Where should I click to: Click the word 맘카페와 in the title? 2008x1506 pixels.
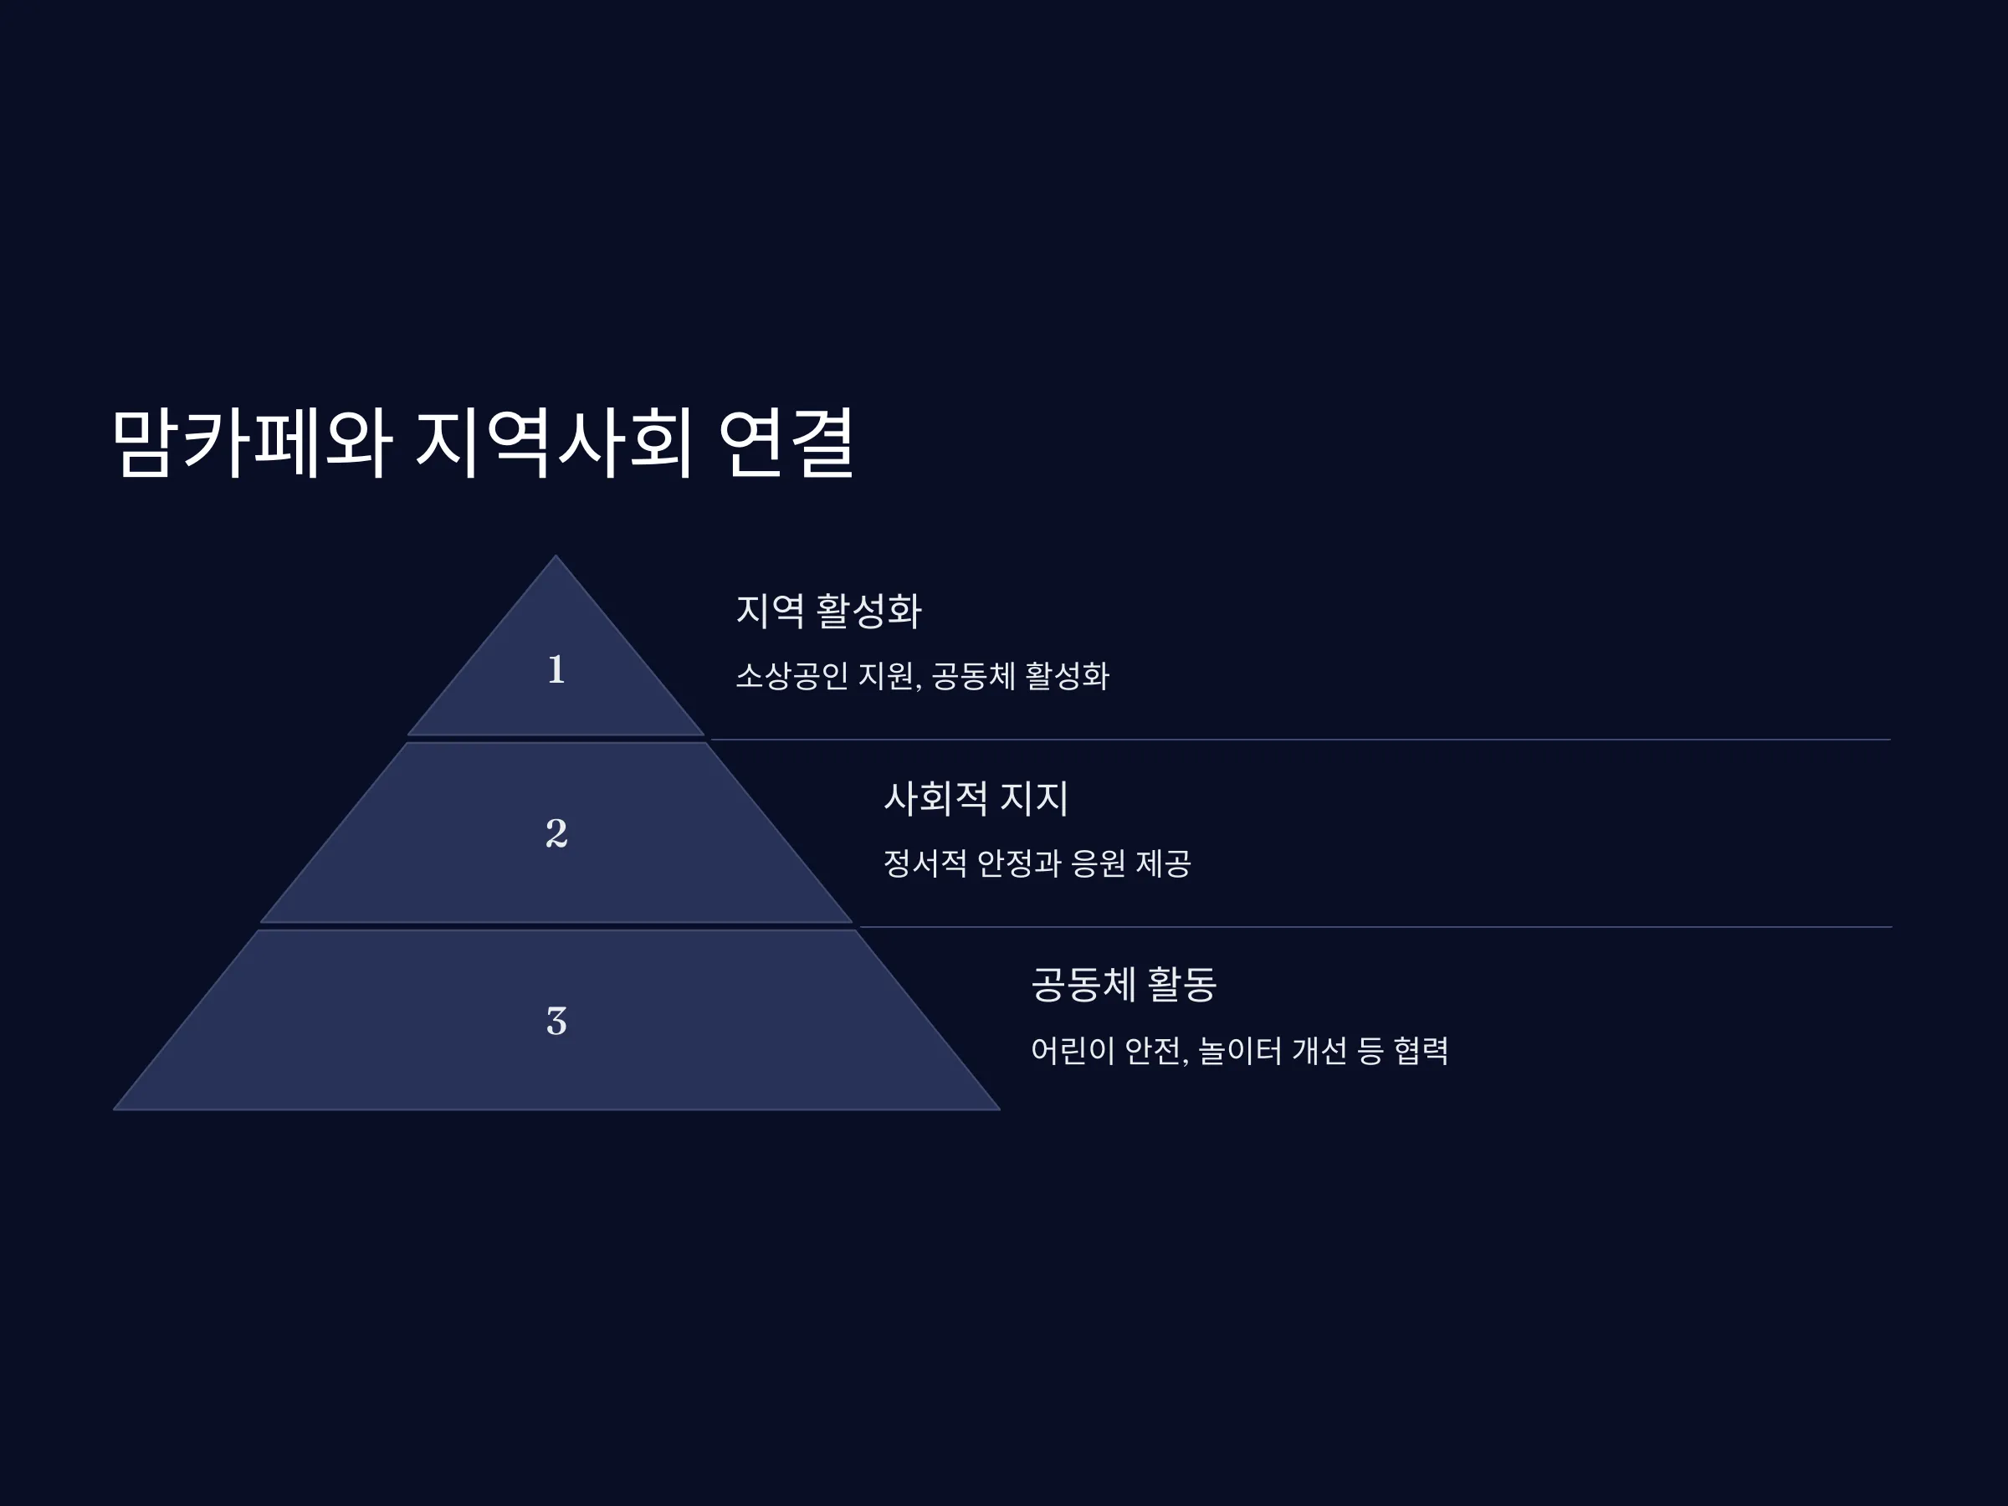pyautogui.click(x=253, y=442)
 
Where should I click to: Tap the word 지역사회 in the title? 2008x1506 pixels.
pyautogui.click(x=555, y=442)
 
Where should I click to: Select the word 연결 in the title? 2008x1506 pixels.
pyautogui.click(x=786, y=442)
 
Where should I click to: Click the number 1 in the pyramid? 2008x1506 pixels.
pyautogui.click(x=556, y=670)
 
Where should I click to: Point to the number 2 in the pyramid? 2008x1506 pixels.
pyautogui.click(x=556, y=833)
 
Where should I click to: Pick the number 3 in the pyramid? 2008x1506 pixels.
pyautogui.click(x=556, y=1022)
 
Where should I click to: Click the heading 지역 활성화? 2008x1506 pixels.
pyautogui.click(x=829, y=610)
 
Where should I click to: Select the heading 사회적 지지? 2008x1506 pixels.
pyautogui.click(x=976, y=799)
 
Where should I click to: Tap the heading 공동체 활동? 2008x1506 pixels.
pyautogui.click(x=1124, y=984)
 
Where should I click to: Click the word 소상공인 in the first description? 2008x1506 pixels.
pyautogui.click(x=791, y=676)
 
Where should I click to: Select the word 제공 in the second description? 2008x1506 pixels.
pyautogui.click(x=1164, y=863)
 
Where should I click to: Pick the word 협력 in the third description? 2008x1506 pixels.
pyautogui.click(x=1421, y=1051)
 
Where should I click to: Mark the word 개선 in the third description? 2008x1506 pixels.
pyautogui.click(x=1320, y=1051)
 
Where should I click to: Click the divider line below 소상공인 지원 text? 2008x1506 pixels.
pyautogui.click(x=1301, y=740)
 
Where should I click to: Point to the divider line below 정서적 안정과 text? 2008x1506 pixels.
pyautogui.click(x=1375, y=927)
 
